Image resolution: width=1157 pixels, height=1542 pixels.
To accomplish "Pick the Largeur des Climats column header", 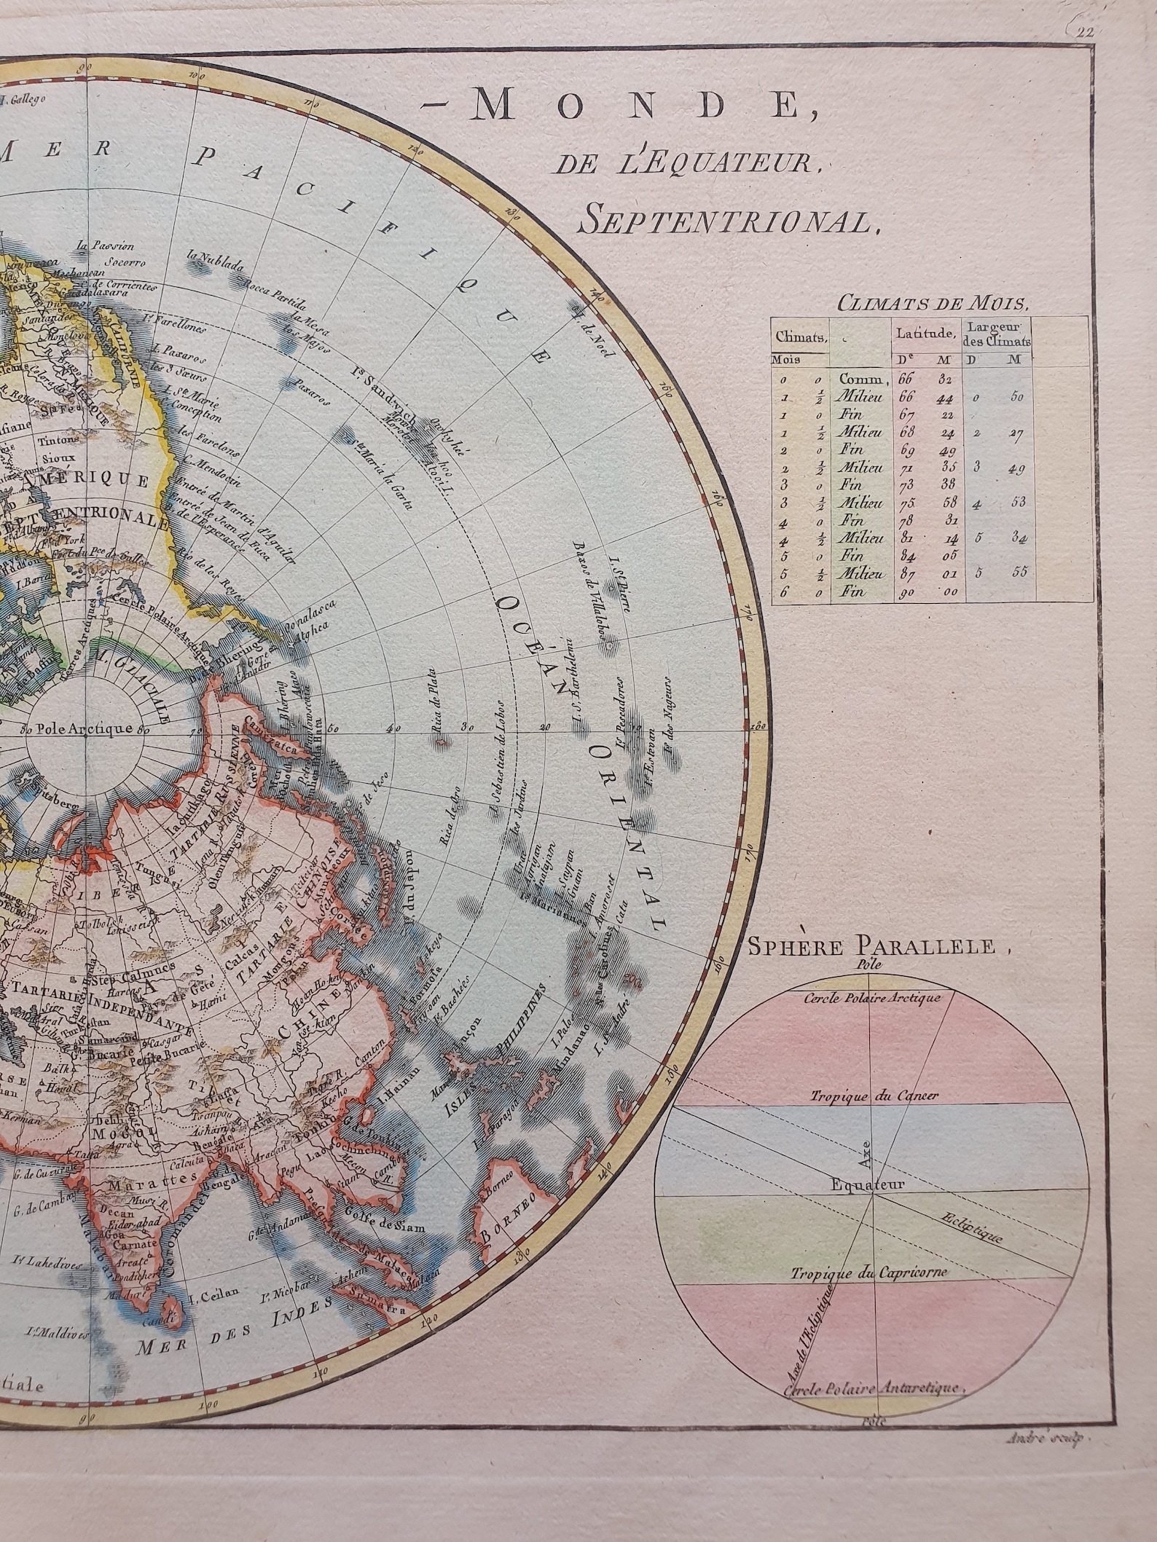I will pos(996,336).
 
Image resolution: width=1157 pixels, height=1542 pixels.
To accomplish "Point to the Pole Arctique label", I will pos(85,728).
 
